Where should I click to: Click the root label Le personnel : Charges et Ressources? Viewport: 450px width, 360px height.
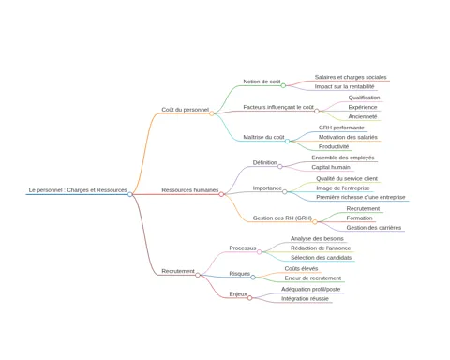point(78,190)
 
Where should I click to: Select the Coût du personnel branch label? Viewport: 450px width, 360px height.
point(185,110)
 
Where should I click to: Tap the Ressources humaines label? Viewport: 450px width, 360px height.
point(190,190)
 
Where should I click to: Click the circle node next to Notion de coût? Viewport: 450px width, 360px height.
point(283,85)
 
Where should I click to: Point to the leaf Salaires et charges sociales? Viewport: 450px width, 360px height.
point(351,77)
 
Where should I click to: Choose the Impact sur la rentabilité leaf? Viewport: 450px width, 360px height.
point(344,86)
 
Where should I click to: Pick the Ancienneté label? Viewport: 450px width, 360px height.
point(363,116)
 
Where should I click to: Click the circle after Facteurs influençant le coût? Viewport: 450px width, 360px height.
point(317,111)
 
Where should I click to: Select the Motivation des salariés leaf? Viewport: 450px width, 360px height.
point(348,137)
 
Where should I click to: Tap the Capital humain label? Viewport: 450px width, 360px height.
point(331,167)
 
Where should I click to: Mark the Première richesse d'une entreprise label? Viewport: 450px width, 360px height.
point(361,197)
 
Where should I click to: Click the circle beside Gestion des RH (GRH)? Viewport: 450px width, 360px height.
point(315,222)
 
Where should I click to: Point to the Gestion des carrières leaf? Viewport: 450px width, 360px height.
point(374,228)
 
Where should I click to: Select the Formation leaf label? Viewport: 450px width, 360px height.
point(359,218)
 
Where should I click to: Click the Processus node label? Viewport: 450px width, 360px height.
point(243,248)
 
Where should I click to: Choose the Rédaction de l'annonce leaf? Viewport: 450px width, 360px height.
point(321,248)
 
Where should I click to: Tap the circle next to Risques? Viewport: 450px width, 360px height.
point(253,277)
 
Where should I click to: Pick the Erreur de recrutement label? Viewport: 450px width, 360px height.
point(313,278)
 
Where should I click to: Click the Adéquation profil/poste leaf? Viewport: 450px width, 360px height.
point(310,289)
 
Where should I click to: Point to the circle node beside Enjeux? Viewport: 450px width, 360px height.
point(249,298)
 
